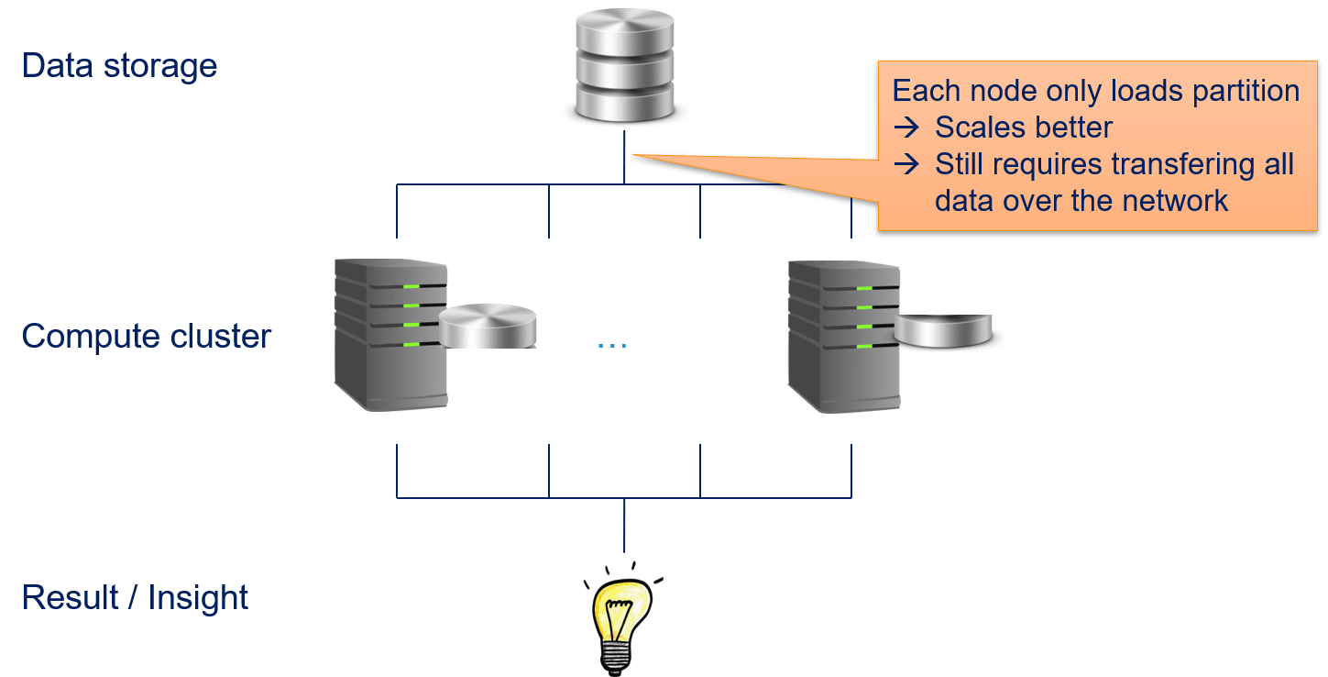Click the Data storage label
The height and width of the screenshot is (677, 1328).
(119, 66)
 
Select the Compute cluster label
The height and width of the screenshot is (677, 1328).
(147, 337)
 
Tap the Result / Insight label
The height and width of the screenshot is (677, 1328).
(135, 597)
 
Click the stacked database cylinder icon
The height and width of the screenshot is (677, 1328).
(625, 66)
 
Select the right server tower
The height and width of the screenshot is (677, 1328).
(842, 334)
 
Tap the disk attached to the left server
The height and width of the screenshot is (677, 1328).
(487, 327)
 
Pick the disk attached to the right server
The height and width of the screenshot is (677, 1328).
(943, 331)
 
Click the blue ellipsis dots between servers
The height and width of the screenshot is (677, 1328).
(612, 347)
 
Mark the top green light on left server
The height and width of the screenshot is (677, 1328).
(412, 287)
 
